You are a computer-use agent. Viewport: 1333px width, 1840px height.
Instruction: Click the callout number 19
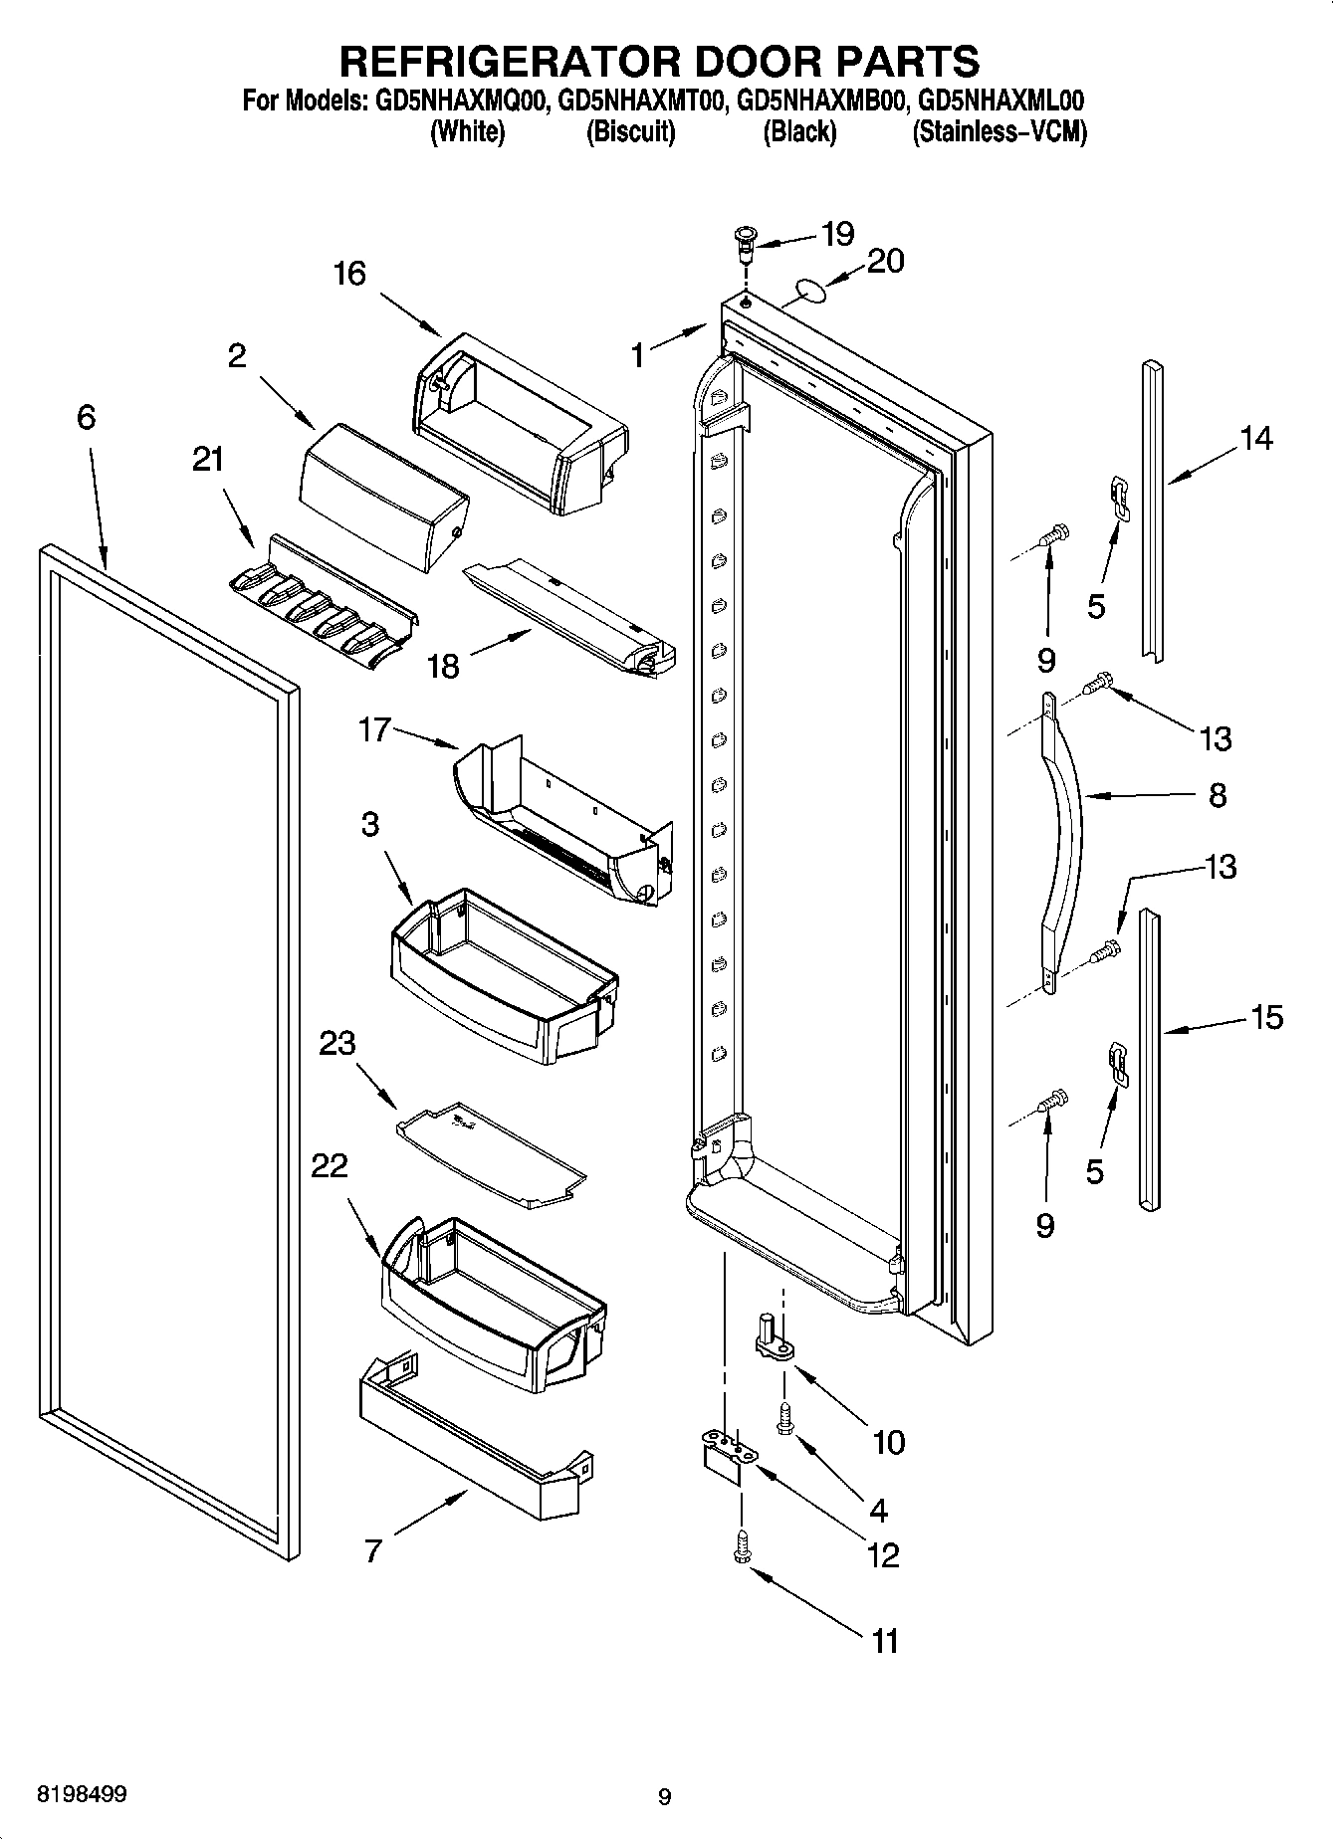(837, 235)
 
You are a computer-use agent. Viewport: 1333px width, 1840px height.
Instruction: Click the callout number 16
(349, 273)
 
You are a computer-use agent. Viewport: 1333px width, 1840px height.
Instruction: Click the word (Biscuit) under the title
(630, 131)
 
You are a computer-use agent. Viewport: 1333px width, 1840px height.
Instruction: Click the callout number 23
(337, 1044)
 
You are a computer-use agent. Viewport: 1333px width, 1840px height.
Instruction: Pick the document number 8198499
(82, 1795)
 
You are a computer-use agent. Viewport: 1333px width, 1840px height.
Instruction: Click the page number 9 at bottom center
(664, 1797)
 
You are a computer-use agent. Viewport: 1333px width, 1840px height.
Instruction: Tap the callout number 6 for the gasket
(87, 417)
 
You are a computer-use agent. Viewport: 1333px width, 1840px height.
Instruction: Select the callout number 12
(883, 1554)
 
